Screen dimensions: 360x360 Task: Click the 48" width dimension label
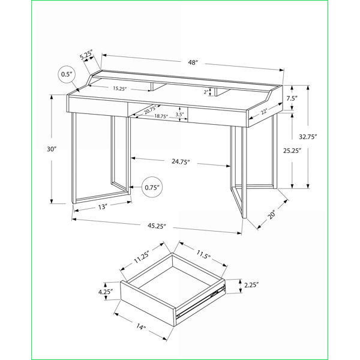[193, 62]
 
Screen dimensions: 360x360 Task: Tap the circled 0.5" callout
[67, 74]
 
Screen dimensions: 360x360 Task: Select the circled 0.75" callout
[152, 187]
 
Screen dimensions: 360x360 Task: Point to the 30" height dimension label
[52, 149]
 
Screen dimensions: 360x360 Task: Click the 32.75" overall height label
[308, 137]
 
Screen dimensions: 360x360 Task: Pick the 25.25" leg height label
[292, 151]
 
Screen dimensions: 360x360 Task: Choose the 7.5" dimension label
[292, 98]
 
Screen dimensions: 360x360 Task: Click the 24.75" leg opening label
[181, 161]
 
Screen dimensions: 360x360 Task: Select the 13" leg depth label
[103, 207]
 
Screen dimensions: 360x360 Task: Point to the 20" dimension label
[272, 214]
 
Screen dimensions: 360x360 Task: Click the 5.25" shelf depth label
[86, 55]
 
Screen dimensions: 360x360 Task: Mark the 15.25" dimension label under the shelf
[120, 89]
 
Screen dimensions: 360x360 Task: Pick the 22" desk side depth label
[264, 112]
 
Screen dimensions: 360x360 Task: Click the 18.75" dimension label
[161, 116]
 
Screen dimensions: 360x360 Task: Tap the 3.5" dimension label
[179, 115]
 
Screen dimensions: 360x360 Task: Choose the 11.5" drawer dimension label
[203, 254]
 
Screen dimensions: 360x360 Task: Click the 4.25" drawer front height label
[106, 292]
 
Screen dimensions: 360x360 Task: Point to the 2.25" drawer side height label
[251, 285]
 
